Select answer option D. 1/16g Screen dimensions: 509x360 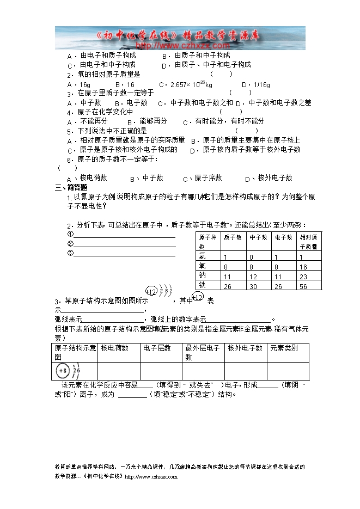[255, 85]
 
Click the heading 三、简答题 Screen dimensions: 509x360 [71, 187]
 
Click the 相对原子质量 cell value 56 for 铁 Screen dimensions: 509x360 [303, 286]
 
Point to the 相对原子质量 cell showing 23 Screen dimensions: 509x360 [303, 277]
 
